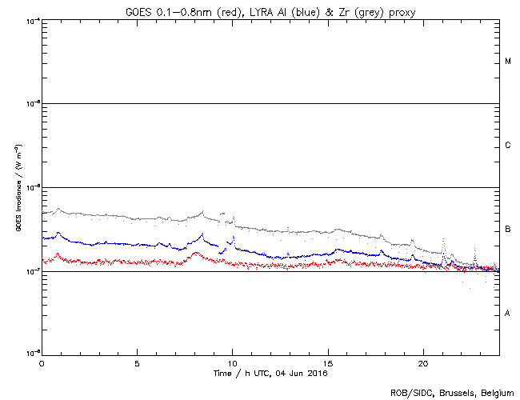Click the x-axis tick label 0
click(42, 363)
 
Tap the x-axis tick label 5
click(137, 363)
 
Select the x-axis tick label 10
click(232, 363)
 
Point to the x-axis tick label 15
click(328, 363)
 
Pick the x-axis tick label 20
click(423, 363)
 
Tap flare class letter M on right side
click(508, 62)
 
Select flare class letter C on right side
click(508, 146)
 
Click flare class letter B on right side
click(508, 230)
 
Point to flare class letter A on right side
click(508, 314)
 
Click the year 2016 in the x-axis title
click(318, 374)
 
